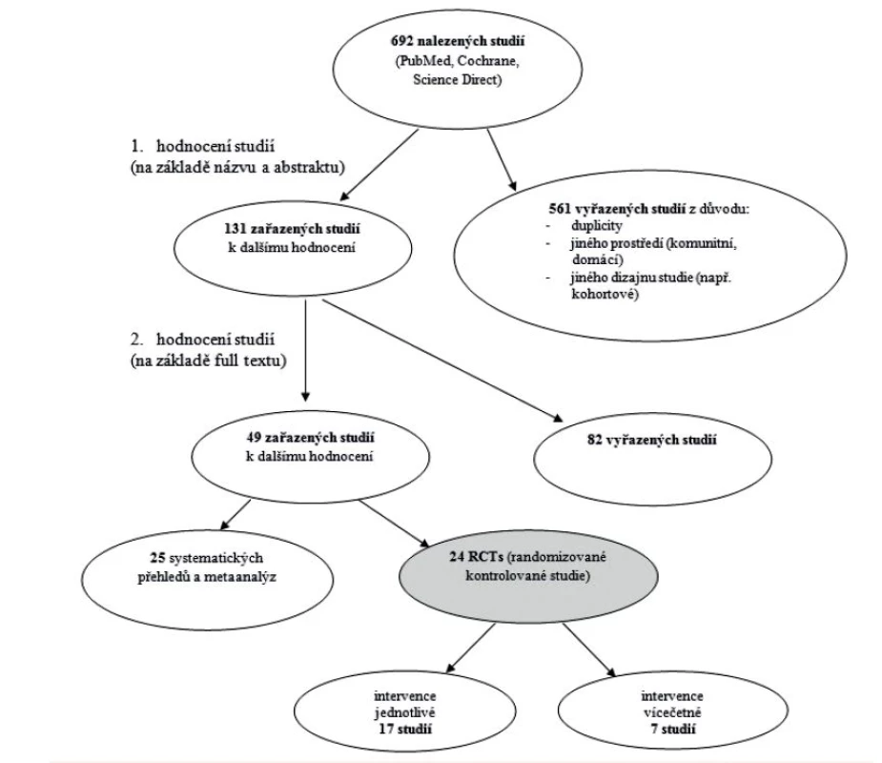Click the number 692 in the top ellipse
coord(401,41)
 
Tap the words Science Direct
coord(456,80)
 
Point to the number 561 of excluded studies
coord(560,209)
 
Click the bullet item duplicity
coord(596,226)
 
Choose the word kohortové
coord(605,295)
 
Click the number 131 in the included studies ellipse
coord(236,229)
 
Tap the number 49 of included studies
coord(254,438)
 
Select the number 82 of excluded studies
coord(595,440)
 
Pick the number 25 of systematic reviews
coord(157,558)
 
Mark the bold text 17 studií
coord(404,730)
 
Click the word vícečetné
coord(672,712)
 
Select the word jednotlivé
coord(405,712)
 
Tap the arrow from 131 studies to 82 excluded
coord(442,361)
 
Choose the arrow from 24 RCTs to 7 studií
coord(589,650)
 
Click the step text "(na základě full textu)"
coord(208,361)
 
